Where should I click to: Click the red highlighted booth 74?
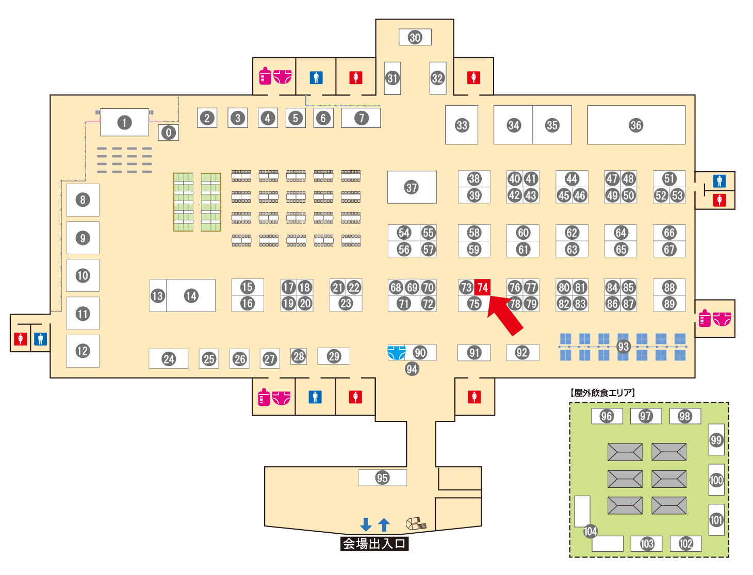482,287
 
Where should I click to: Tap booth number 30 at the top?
415,37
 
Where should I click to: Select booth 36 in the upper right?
636,125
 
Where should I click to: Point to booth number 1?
124,123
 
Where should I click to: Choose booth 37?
412,187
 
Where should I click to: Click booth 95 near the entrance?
382,478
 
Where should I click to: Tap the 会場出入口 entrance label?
374,544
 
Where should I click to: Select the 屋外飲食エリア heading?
603,393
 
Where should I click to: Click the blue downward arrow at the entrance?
366,524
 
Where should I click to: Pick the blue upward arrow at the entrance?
384,524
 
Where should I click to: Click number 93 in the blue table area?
623,347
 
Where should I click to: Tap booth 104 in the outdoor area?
590,531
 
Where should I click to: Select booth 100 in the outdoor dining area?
716,480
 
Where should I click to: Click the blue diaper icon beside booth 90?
396,353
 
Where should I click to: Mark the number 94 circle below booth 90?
412,369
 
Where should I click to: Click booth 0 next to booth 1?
168,133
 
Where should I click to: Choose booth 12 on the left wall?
83,351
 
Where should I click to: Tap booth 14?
191,295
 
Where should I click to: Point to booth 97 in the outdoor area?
645,416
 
